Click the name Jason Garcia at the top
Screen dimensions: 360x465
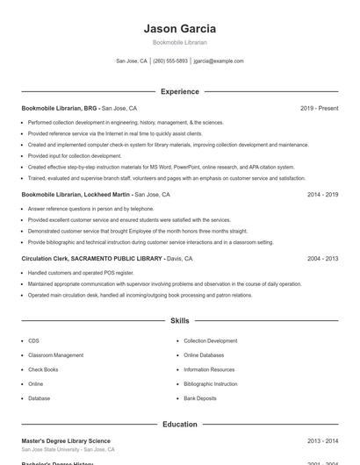click(x=179, y=29)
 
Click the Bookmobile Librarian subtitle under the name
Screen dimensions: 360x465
click(x=179, y=42)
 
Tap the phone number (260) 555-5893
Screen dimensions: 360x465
click(x=170, y=61)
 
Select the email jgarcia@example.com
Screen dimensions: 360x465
click(x=219, y=61)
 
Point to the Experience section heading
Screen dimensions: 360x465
click(x=179, y=91)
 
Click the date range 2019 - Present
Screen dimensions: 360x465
click(x=319, y=108)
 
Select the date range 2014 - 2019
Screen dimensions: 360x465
click(x=322, y=194)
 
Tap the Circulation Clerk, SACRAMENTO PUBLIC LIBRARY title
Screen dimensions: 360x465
click(x=92, y=259)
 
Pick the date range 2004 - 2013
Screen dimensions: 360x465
click(x=322, y=259)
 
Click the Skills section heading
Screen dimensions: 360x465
click(x=179, y=321)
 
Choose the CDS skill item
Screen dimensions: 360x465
click(x=33, y=340)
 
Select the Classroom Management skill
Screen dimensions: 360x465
click(x=55, y=355)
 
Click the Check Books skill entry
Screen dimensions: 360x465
click(x=42, y=369)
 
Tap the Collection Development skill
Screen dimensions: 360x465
click(x=210, y=340)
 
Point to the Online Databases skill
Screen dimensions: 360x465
click(x=204, y=355)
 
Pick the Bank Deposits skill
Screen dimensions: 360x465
click(x=200, y=398)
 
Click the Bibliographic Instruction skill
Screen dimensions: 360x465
click(x=210, y=383)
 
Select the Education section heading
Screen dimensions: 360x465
click(x=179, y=425)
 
